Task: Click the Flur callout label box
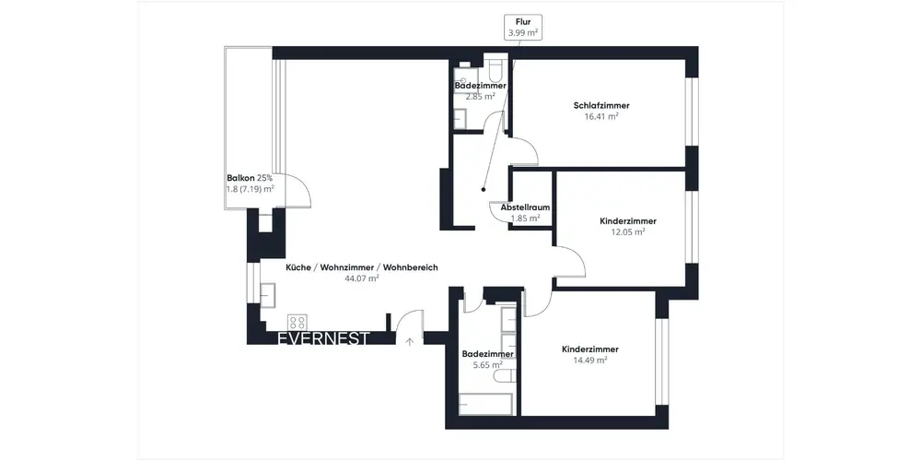523,27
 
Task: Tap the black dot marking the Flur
483,189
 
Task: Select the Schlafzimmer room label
601,106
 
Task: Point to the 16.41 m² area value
601,116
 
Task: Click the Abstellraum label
525,207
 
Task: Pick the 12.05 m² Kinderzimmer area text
628,231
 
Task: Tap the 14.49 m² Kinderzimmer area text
590,360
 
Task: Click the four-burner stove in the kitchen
297,322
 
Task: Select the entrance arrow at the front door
410,340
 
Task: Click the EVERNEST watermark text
323,339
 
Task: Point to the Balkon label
240,178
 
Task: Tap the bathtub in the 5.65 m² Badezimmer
485,405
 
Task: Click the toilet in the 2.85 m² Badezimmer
495,68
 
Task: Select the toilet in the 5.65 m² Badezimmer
505,376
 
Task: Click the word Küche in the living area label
298,267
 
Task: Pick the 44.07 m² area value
362,278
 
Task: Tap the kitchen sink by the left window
268,295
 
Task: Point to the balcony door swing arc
304,187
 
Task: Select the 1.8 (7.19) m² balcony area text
251,189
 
